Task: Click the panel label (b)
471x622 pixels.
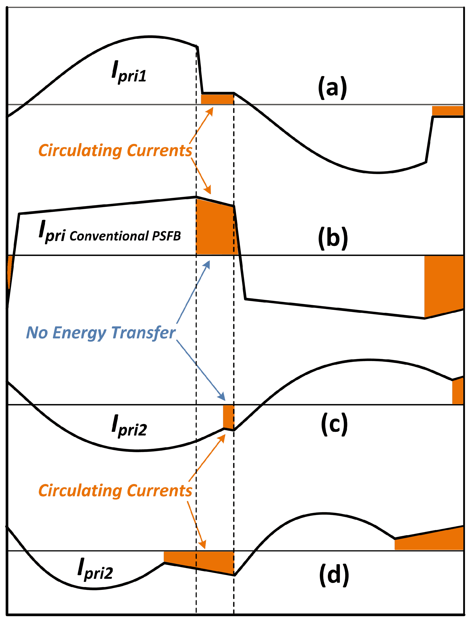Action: pos(333,238)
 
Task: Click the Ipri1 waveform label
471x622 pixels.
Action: pos(129,72)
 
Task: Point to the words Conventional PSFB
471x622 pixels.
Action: pos(125,236)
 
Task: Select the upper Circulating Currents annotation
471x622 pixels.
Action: pos(115,151)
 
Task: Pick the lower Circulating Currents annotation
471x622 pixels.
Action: pos(115,491)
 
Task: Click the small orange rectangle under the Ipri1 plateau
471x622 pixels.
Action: pos(217,99)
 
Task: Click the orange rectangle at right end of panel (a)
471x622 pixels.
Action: pos(447,110)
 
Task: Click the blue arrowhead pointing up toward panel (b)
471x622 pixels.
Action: pos(207,264)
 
